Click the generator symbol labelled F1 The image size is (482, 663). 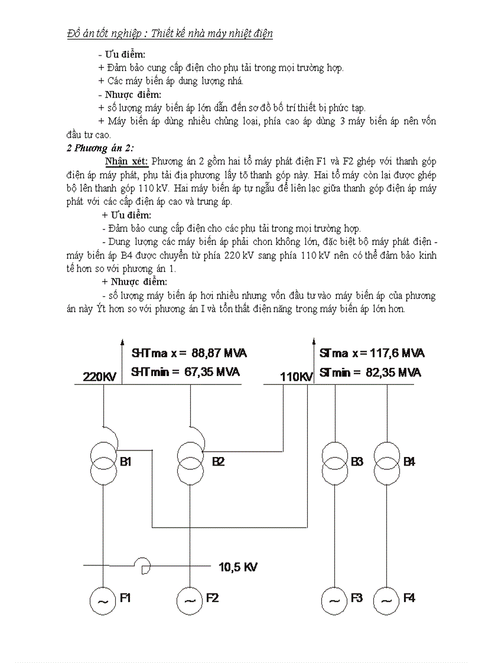tap(103, 600)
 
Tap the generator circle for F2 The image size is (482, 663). tap(190, 600)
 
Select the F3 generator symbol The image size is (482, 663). tap(334, 600)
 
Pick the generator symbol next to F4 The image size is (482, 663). tap(387, 600)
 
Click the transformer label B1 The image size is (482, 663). tap(125, 462)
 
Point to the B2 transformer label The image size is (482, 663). tap(218, 462)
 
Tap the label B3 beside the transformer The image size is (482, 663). tap(357, 462)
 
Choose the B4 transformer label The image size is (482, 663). tap(409, 462)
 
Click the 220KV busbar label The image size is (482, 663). tap(100, 377)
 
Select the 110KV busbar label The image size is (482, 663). tap(296, 377)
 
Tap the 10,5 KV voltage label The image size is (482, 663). tap(238, 567)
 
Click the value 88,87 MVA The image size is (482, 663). tap(219, 354)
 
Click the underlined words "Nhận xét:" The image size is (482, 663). tap(126, 161)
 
